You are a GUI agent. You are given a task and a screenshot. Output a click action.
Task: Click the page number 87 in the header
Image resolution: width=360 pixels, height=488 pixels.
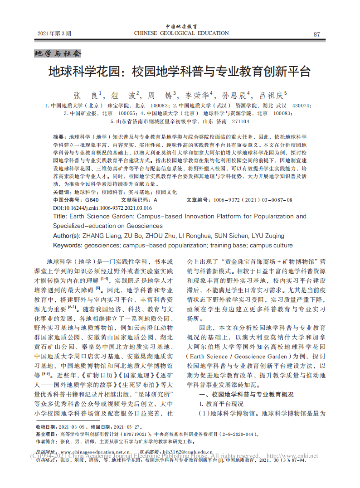[x=317, y=34]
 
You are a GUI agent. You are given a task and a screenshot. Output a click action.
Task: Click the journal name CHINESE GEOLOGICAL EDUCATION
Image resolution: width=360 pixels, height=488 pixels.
[x=181, y=33]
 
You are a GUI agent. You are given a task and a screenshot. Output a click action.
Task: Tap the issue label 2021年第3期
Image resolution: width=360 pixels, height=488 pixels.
[x=54, y=34]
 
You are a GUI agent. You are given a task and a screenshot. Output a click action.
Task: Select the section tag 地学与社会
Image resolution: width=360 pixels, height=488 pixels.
[x=58, y=53]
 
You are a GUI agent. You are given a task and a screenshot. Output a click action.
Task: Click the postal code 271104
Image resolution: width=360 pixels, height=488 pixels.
[x=240, y=121]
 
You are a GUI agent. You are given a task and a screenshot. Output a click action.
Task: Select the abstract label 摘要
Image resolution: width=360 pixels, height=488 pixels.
[x=59, y=136]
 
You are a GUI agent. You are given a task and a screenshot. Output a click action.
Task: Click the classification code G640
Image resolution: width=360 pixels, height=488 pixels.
[x=91, y=200]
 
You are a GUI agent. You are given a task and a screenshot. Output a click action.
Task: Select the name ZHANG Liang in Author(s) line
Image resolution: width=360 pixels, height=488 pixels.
[x=101, y=236]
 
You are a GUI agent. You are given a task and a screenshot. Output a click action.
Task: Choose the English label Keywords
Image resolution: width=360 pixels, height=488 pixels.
[x=68, y=246]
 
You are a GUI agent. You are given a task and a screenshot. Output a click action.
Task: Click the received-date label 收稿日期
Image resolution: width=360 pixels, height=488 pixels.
[x=45, y=427]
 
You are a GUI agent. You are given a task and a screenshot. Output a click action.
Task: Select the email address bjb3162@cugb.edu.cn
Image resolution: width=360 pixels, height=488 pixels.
[x=187, y=452]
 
